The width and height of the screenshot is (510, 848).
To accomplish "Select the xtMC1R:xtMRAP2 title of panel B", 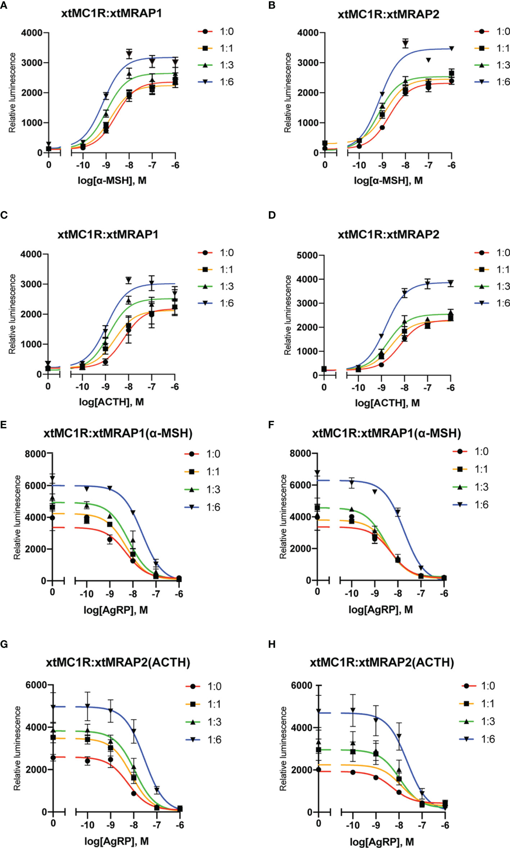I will tap(388, 14).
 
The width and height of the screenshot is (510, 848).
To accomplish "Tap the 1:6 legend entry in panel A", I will tap(216, 82).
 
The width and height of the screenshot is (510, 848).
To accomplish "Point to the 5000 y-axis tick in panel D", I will tap(307, 255).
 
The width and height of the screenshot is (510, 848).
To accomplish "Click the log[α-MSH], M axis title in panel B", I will tap(388, 180).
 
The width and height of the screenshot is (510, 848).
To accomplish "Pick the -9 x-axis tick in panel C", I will tap(105, 387).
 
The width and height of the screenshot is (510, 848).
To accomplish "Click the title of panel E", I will tap(118, 433).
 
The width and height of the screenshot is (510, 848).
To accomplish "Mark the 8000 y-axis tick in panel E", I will tap(35, 454).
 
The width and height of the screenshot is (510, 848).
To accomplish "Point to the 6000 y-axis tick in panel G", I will tap(36, 685).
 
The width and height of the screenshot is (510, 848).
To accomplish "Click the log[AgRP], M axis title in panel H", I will tap(382, 842).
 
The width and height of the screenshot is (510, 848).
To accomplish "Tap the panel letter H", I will tap(272, 644).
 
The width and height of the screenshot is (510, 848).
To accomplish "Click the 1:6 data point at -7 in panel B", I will tap(428, 60).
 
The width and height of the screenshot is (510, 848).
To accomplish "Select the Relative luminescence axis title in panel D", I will tap(288, 315).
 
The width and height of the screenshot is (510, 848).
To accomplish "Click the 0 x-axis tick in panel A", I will tap(49, 165).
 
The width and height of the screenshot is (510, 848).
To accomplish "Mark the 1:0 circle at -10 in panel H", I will tap(353, 772).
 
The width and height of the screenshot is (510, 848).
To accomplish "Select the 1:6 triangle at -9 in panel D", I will tap(381, 336).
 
